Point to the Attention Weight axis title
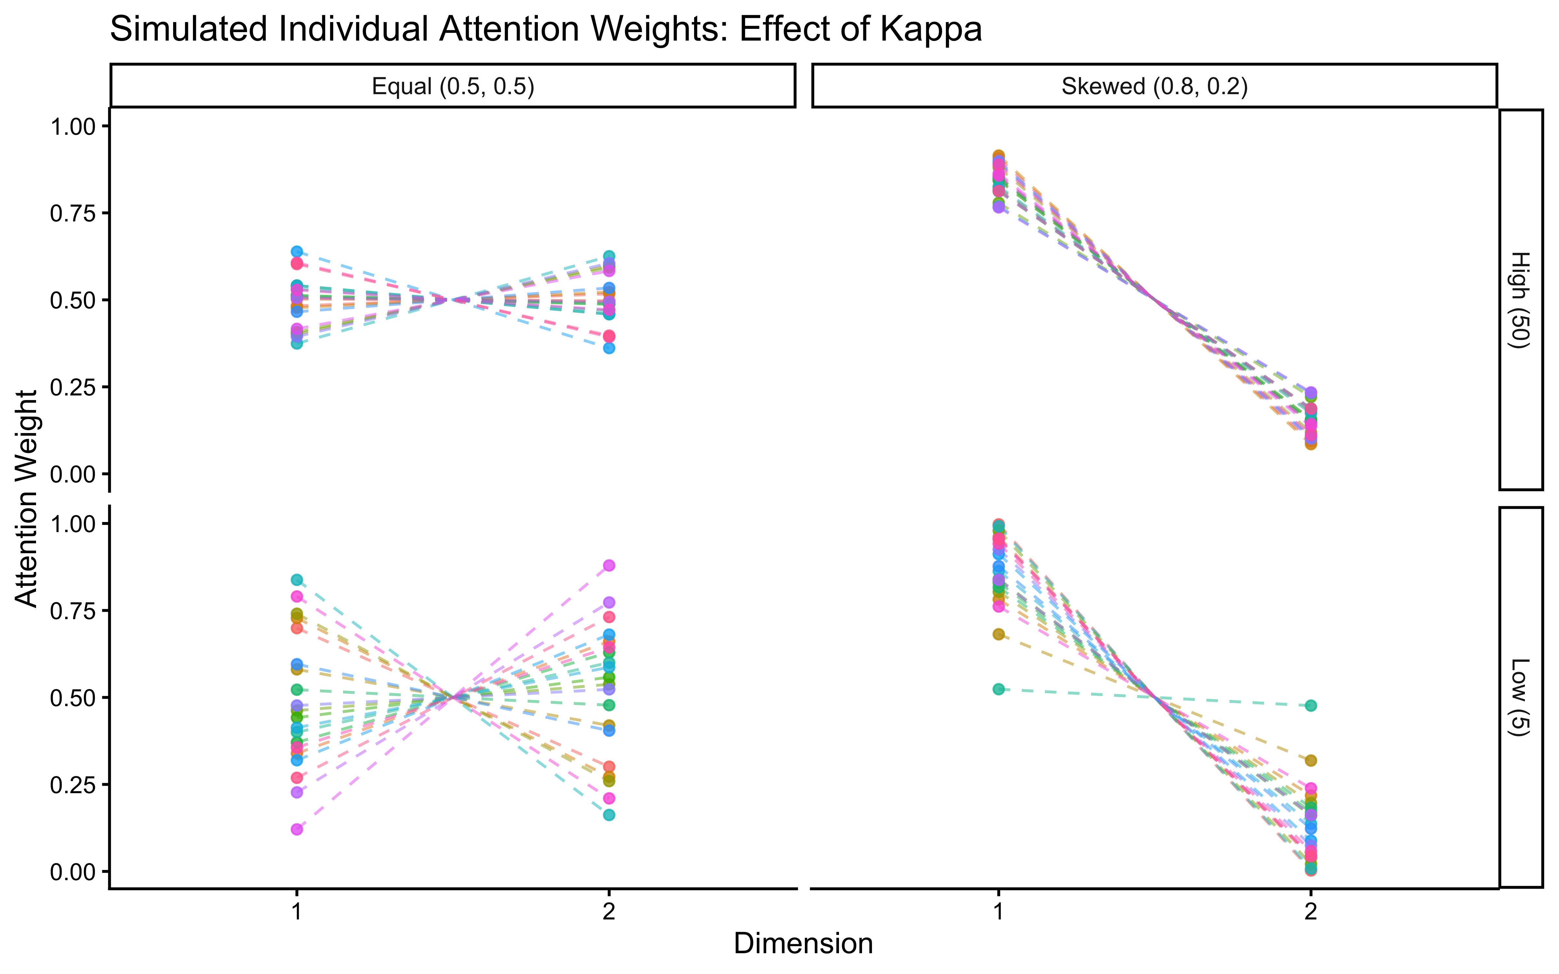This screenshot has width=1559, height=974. pos(27,498)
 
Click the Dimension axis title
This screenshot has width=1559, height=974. pos(803,944)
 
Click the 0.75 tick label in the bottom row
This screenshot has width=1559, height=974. pos(73,611)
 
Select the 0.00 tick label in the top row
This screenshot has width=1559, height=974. pos(73,475)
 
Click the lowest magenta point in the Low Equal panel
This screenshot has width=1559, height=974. pos(296,829)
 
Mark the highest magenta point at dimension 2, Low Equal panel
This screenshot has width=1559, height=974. pos(609,566)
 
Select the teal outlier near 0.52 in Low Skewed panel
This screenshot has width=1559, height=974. pos(998,689)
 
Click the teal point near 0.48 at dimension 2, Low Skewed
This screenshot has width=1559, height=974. pos(1310,706)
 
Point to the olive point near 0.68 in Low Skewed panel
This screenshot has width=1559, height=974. pos(998,634)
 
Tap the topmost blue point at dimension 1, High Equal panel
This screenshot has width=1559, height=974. pos(296,251)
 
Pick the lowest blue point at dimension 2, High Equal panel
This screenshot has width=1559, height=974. pos(609,348)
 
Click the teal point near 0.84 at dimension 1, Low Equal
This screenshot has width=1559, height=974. pos(296,580)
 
